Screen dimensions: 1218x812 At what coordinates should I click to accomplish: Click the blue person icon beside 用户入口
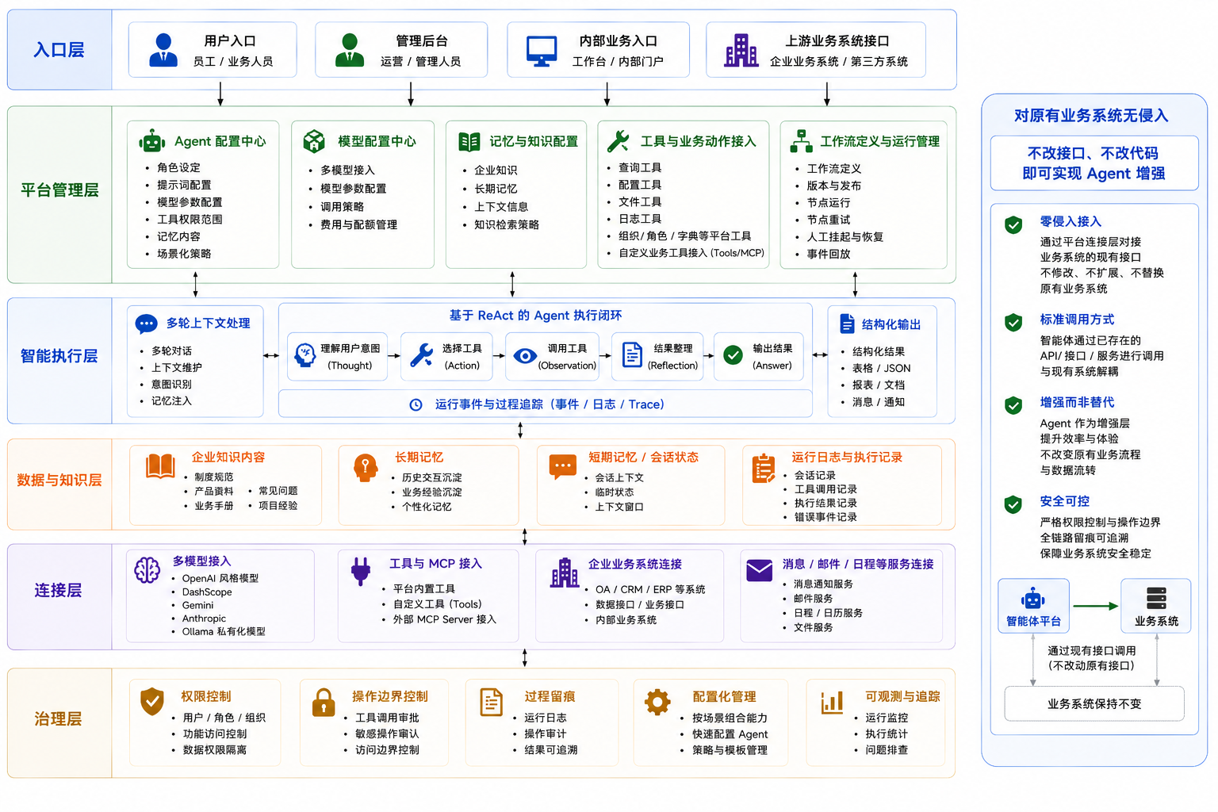pos(163,50)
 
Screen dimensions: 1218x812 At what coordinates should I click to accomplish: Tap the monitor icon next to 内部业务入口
pos(542,51)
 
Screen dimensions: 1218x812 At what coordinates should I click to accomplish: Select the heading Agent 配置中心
pos(220,141)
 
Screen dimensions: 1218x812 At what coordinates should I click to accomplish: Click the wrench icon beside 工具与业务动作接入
pos(619,141)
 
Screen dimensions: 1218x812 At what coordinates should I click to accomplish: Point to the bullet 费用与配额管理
pos(359,224)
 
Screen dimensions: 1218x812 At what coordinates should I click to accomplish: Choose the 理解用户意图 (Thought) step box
pos(338,356)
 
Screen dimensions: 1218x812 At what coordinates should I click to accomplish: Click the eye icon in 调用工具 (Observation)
pos(525,356)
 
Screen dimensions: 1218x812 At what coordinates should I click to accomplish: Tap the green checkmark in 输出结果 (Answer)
pos(733,355)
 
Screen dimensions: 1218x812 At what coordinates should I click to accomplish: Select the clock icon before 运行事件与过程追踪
pos(416,404)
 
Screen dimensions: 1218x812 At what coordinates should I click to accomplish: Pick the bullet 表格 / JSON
pos(882,368)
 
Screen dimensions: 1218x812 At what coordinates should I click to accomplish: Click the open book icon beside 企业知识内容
pos(160,466)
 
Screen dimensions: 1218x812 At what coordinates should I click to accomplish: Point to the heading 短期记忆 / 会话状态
pos(643,457)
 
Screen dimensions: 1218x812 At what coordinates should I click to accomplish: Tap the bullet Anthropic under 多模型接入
pos(204,619)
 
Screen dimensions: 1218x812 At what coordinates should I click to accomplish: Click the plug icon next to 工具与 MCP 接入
pos(361,571)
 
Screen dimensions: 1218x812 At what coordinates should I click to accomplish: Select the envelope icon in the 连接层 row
pos(759,570)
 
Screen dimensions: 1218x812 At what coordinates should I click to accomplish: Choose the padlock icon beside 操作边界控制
pos(324,702)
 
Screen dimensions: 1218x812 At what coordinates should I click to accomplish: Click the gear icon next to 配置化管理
pos(657,702)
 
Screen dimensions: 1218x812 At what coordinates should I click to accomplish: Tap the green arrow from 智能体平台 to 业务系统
pos(1095,606)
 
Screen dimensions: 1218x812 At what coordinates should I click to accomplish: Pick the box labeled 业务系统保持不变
pos(1094,704)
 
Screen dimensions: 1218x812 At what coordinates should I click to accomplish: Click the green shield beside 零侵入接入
pos(1013,224)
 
